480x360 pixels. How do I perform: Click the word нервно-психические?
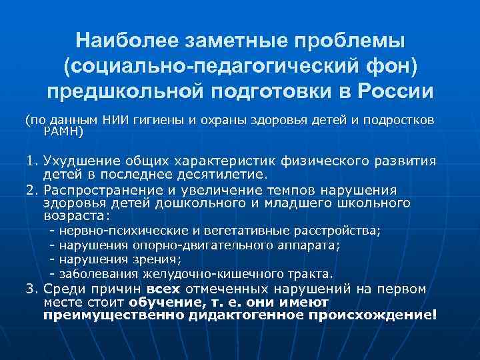(x=124, y=231)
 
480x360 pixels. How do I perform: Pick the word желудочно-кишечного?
(x=219, y=274)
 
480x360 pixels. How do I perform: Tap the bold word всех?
(x=163, y=289)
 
